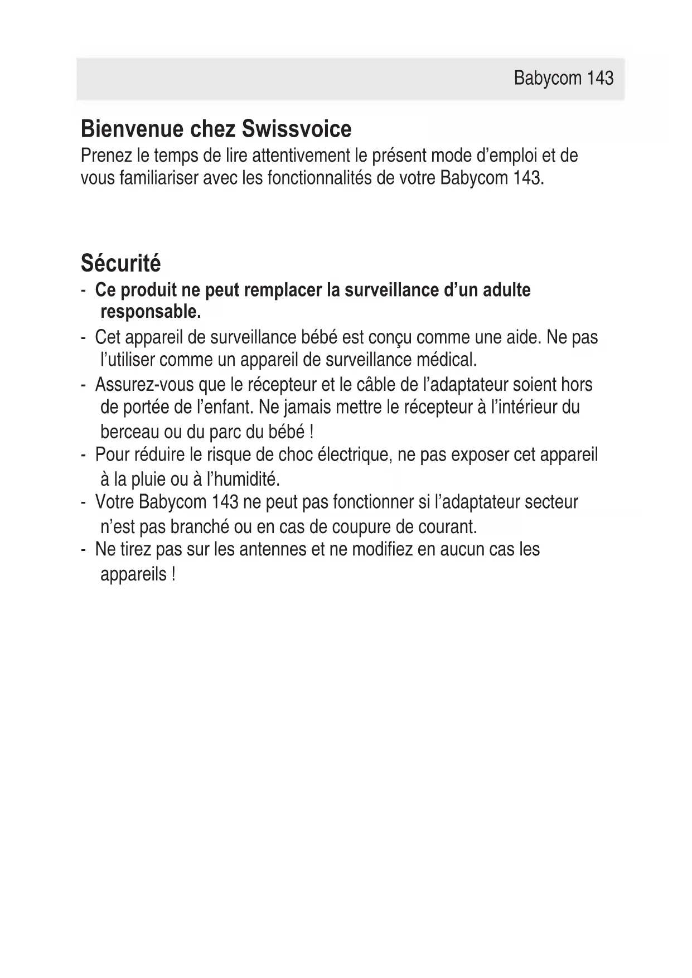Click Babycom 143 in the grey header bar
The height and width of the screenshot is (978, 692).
coord(563,78)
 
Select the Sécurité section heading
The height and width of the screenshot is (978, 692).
coord(120,263)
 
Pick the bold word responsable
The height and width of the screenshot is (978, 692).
coord(151,312)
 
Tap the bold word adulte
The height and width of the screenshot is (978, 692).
coord(507,290)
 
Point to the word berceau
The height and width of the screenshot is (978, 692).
coord(130,432)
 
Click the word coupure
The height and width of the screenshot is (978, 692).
coord(362,526)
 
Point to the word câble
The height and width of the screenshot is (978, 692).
coord(375,385)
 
